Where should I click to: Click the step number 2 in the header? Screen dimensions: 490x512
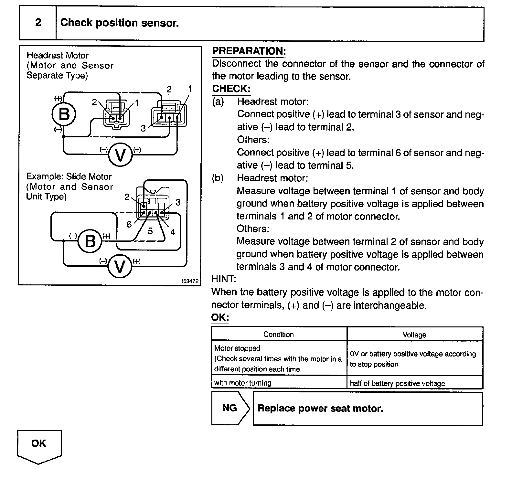pos(38,23)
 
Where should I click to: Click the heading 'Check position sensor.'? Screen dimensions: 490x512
pos(119,23)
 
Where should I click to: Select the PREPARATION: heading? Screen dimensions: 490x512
pos(249,51)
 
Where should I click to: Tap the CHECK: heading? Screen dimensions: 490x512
pos(231,89)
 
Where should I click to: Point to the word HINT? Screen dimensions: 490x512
pos(224,279)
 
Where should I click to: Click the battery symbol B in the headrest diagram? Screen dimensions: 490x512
pos(64,114)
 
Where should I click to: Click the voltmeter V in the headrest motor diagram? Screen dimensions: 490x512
pos(120,156)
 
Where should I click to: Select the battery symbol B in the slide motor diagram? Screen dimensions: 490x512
pos(90,241)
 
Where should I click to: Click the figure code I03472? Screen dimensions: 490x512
pos(190,281)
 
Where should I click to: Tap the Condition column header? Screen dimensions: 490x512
pos(279,335)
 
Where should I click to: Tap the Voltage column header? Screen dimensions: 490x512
pos(414,335)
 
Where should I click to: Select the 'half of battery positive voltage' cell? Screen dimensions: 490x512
pos(397,384)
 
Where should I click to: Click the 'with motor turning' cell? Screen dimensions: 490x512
pos(242,383)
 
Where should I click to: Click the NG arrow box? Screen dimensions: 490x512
pos(230,408)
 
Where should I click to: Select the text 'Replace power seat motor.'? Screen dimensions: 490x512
pos(320,409)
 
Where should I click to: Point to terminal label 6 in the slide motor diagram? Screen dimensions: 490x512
pos(129,224)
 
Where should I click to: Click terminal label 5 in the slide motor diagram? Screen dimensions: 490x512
pos(150,231)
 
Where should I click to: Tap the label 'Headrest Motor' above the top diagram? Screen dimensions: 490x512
pos(58,56)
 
